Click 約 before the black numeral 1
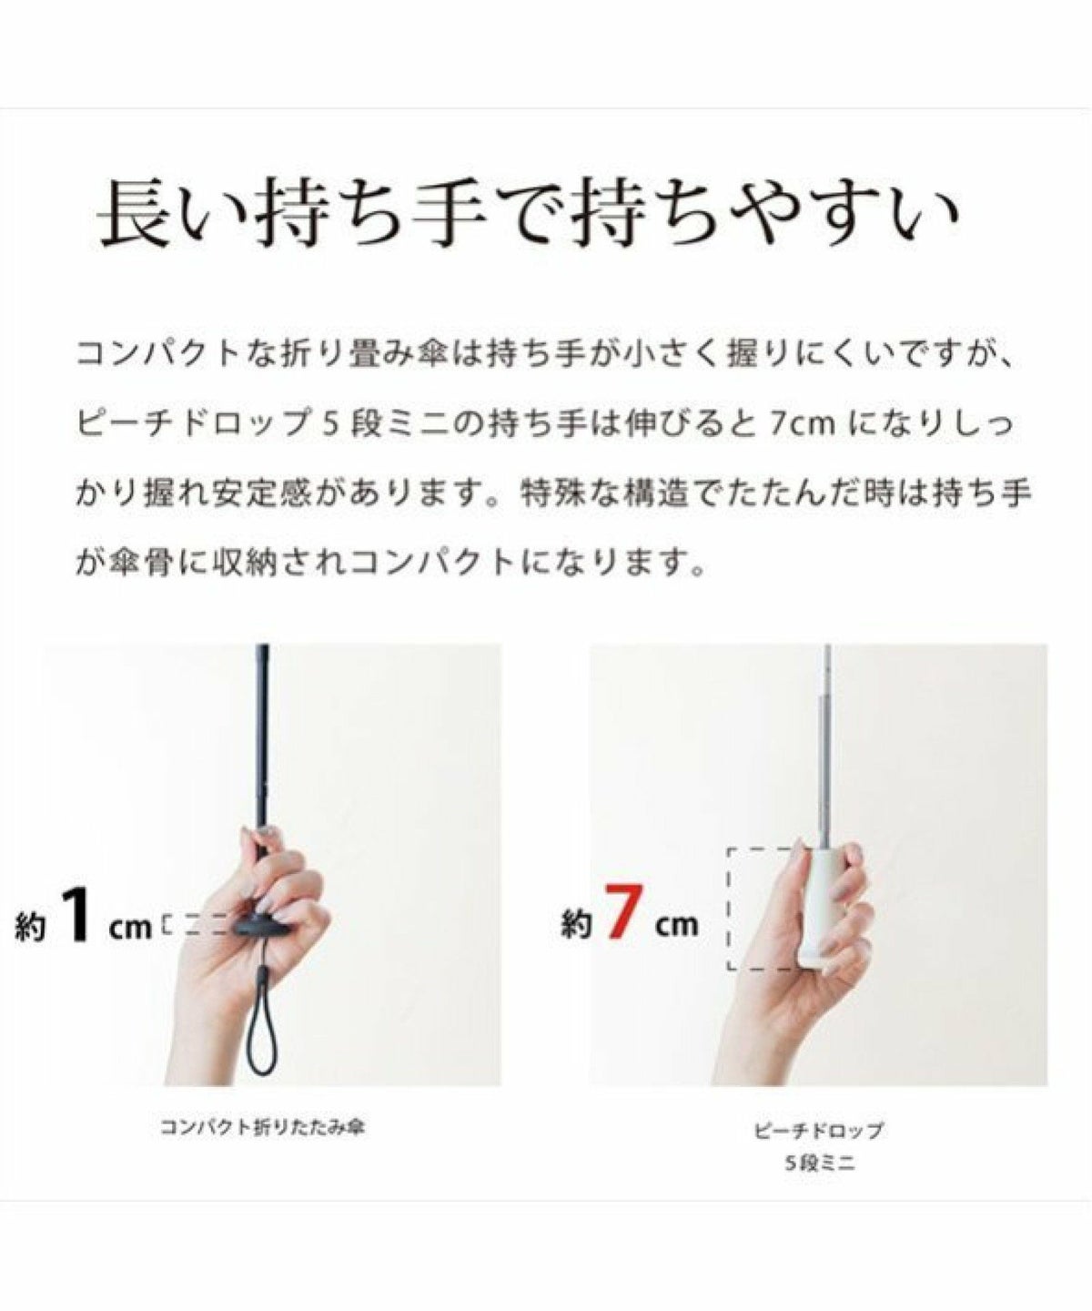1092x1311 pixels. coord(31,926)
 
